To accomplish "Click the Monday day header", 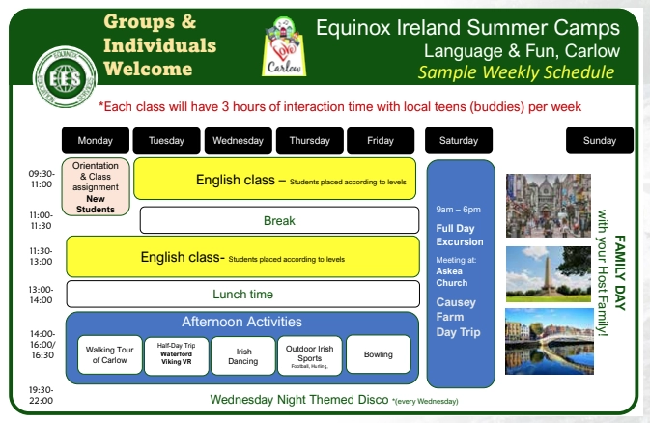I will pyautogui.click(x=95, y=141).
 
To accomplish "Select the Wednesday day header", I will pyautogui.click(x=238, y=141).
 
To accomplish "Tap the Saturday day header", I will pyautogui.click(x=459, y=141).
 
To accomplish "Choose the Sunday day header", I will pyautogui.click(x=599, y=141).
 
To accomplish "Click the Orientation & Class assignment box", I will pyautogui.click(x=96, y=187).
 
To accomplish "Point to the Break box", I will pyautogui.click(x=279, y=221).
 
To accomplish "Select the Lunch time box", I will pyautogui.click(x=242, y=294).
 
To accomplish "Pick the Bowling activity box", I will pyautogui.click(x=378, y=354).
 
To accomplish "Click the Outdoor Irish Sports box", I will pyautogui.click(x=310, y=354).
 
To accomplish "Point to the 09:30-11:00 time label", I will pyautogui.click(x=42, y=179).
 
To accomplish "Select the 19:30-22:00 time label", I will pyautogui.click(x=42, y=394).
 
